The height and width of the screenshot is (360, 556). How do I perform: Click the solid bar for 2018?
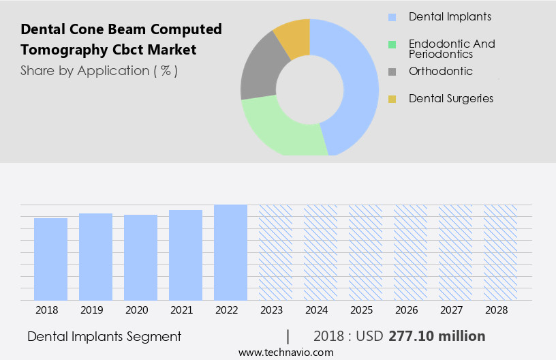(x=50, y=259)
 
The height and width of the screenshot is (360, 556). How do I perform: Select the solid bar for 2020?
(x=140, y=258)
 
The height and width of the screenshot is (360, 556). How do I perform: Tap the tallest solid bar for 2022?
(x=230, y=252)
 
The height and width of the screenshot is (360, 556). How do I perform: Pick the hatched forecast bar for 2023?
(x=275, y=252)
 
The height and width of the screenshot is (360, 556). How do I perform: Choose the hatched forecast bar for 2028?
(x=500, y=252)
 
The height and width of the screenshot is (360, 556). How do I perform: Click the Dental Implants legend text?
(x=450, y=16)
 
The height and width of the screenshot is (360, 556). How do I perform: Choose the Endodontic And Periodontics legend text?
(x=451, y=48)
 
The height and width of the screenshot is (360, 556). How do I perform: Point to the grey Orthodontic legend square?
(x=392, y=72)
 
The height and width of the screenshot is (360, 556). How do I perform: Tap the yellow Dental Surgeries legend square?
(x=392, y=99)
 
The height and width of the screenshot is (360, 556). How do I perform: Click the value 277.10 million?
(x=437, y=336)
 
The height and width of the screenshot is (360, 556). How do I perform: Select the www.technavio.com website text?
(x=285, y=352)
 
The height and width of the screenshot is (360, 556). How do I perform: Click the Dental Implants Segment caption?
(x=104, y=336)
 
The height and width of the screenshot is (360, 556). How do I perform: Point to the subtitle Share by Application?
(x=99, y=70)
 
